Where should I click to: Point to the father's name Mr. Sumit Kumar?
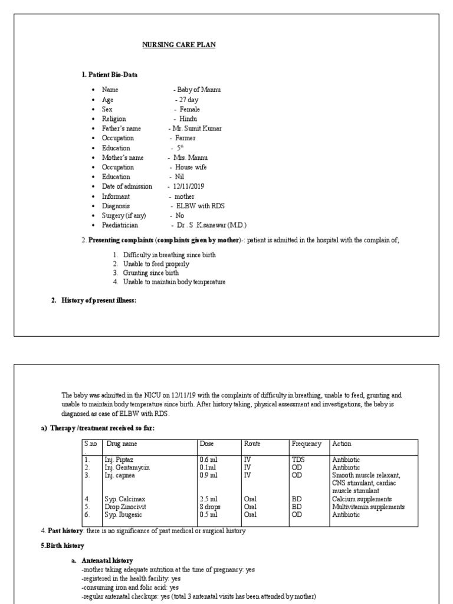click(x=196, y=129)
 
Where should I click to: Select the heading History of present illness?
click(x=99, y=301)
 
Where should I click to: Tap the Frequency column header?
click(x=306, y=444)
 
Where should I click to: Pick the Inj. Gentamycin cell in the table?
click(x=127, y=467)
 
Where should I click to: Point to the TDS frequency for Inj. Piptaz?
click(x=298, y=459)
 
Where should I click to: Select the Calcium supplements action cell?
click(x=362, y=499)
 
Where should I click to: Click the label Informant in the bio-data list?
click(x=116, y=196)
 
